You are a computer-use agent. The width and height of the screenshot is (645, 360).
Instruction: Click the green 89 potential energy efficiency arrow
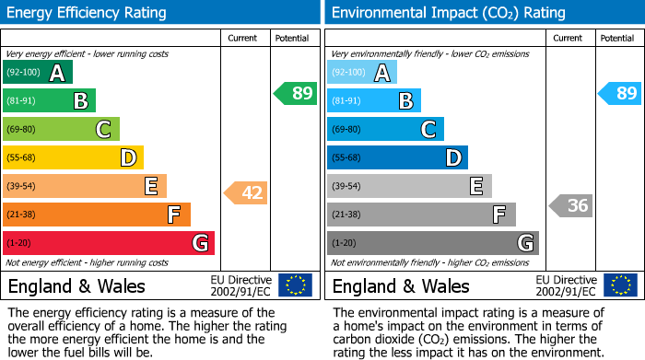click(x=296, y=93)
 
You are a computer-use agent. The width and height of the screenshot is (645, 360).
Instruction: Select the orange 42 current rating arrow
click(x=246, y=192)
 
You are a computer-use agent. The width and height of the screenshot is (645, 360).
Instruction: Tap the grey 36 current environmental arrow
click(x=571, y=205)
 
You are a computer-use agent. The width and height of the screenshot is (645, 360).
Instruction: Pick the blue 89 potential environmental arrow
click(x=620, y=93)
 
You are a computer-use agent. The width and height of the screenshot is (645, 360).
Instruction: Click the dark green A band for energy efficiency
click(x=38, y=72)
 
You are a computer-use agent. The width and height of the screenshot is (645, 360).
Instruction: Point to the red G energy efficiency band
click(x=109, y=243)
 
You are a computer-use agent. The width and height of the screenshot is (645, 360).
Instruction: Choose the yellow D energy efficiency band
click(x=74, y=157)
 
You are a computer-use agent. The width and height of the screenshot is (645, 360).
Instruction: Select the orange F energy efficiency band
click(x=97, y=215)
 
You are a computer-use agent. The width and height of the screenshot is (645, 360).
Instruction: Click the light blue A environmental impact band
click(x=362, y=72)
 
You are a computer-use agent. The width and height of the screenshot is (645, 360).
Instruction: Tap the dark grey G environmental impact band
click(x=433, y=243)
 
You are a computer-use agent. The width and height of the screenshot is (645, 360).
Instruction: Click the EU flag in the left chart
click(x=295, y=285)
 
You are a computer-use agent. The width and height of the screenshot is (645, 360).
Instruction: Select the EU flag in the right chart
click(x=619, y=285)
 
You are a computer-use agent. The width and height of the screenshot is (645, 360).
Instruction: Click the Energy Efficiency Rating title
click(x=88, y=13)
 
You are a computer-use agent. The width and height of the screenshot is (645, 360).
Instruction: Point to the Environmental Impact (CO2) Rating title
click(x=448, y=13)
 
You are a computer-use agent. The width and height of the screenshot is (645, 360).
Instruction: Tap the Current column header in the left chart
click(x=242, y=38)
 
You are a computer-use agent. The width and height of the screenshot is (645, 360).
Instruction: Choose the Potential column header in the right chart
click(x=616, y=38)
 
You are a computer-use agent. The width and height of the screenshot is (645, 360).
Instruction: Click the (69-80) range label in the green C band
click(x=22, y=129)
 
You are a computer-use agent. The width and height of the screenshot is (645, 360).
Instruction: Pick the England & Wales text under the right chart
click(x=401, y=285)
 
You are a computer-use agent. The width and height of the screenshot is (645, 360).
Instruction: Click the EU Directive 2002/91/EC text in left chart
click(x=240, y=285)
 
